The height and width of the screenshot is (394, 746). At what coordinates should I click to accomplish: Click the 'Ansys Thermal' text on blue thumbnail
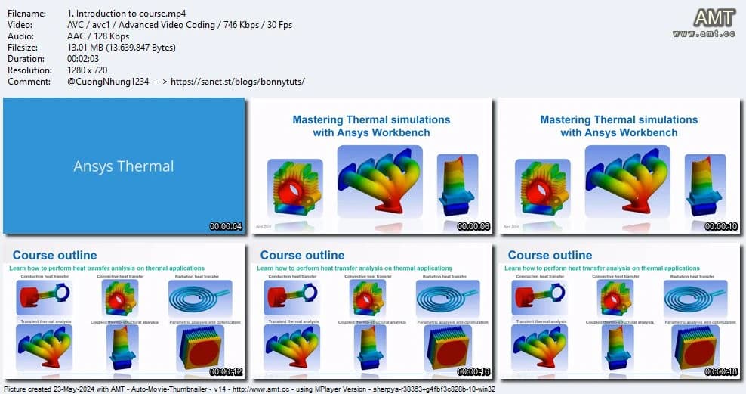point(124,166)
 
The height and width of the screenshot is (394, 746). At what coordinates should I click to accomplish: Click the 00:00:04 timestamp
point(226,226)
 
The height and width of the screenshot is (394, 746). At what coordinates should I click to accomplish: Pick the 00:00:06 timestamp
point(473,226)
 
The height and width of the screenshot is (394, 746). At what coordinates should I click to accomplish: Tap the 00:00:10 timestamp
point(721,226)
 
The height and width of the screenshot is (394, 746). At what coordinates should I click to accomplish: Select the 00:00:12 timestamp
point(226,371)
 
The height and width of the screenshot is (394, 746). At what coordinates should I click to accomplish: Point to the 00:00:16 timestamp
point(473,371)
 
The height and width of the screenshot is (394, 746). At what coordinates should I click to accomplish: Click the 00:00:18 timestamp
point(721,371)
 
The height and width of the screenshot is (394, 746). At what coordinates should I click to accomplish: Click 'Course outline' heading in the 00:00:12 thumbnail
point(54,255)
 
